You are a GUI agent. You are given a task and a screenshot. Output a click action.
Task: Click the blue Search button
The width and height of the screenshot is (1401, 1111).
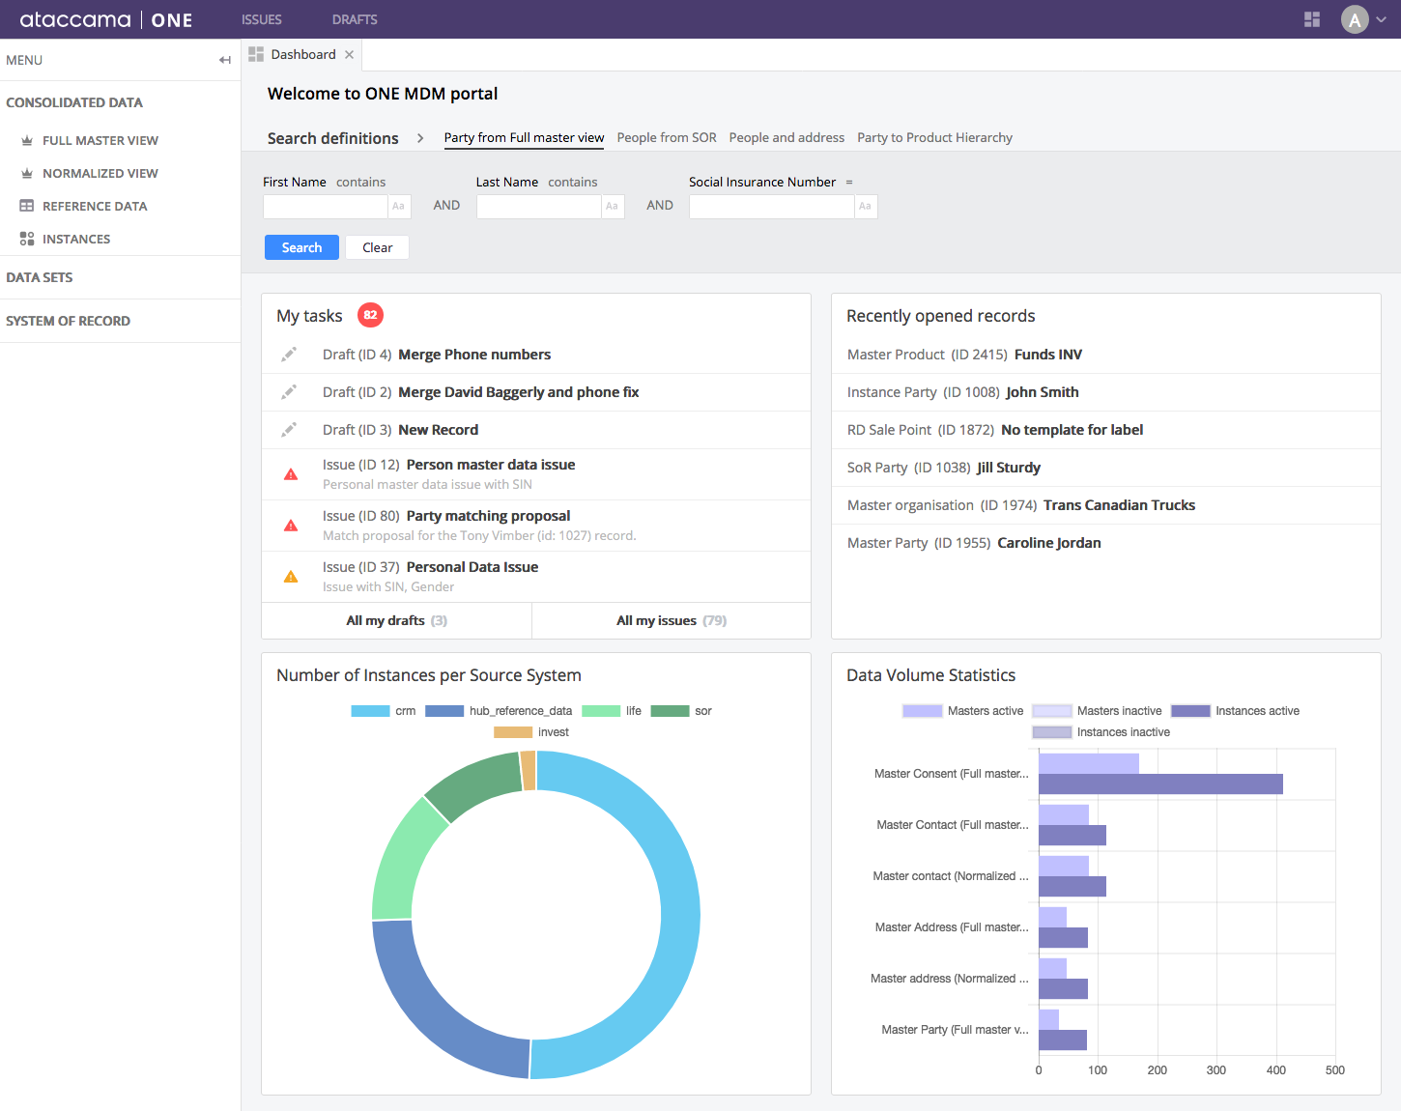click(x=301, y=247)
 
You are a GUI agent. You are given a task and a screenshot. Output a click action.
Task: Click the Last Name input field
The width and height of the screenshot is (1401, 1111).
click(x=538, y=206)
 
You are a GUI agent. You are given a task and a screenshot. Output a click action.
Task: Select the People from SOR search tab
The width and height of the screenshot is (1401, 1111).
click(x=667, y=137)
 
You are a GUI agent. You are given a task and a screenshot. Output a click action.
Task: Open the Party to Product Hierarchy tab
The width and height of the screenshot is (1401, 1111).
click(x=934, y=137)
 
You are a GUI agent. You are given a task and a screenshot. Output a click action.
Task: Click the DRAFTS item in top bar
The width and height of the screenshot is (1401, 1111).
click(x=355, y=19)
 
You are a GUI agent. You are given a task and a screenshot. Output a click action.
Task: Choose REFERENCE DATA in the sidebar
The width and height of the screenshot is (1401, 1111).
click(x=95, y=206)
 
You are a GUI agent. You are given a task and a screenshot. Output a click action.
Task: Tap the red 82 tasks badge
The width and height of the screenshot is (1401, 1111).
click(x=370, y=315)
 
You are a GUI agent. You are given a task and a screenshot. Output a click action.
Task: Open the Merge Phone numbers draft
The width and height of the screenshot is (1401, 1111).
click(x=473, y=355)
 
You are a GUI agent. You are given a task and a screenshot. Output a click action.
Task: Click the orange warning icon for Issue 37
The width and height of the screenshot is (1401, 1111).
click(x=291, y=577)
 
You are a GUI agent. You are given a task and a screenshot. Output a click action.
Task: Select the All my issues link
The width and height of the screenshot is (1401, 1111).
click(x=671, y=620)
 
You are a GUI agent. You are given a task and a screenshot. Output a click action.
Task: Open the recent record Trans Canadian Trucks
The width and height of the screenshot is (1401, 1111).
click(x=1119, y=505)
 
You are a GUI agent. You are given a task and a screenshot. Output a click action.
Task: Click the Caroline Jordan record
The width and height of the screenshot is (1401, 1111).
click(x=1048, y=543)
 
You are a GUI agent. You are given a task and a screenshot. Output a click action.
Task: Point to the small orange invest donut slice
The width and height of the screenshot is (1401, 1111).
click(x=529, y=771)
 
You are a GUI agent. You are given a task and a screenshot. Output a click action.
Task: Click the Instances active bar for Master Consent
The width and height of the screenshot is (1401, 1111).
click(x=1159, y=784)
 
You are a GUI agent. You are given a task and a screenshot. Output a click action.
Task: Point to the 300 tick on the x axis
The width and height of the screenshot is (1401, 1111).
click(x=1216, y=1069)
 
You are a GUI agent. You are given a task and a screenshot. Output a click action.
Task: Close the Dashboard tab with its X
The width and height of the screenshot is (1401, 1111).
click(x=349, y=55)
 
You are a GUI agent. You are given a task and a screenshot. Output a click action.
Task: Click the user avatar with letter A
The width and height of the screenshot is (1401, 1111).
click(x=1355, y=19)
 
